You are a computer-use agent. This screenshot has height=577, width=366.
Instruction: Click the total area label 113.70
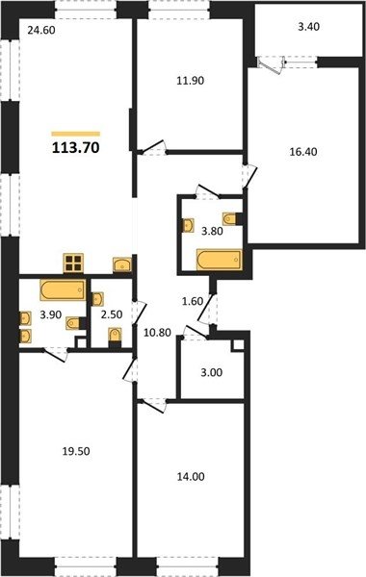pos(75,147)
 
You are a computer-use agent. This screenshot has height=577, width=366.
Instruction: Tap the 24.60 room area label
pos(41,30)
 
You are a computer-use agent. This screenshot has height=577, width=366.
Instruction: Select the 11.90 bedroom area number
pos(190,80)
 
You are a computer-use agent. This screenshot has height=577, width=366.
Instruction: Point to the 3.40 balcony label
pos(309,27)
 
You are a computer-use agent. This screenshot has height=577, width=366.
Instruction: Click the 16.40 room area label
pos(303,151)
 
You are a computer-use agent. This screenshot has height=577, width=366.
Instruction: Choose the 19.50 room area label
pos(76,451)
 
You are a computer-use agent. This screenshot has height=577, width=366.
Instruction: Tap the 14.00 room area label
pos(191,477)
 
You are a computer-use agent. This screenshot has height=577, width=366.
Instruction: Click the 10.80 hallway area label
pos(157,333)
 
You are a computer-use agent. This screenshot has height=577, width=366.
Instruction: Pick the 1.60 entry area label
pos(193,301)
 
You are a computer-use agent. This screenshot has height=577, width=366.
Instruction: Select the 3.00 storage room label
pos(212,372)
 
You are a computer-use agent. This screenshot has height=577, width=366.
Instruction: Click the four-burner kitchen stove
pos(73,263)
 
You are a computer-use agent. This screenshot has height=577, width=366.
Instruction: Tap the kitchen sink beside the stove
pos(122,264)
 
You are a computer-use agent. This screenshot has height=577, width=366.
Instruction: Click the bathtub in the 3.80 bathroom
pos(220,260)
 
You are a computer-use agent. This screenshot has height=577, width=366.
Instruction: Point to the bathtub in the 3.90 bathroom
pos(63,290)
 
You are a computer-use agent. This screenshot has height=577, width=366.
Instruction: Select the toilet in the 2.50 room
pos(115,337)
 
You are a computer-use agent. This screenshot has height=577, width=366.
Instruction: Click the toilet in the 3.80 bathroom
pos(232,219)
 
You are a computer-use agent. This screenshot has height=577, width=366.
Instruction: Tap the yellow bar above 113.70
pos(75,134)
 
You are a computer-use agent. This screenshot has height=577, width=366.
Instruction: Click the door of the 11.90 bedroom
pos(152,146)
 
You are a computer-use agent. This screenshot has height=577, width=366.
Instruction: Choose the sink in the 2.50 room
pos(97,299)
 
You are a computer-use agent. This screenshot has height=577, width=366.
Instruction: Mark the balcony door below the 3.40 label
pos(273,64)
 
